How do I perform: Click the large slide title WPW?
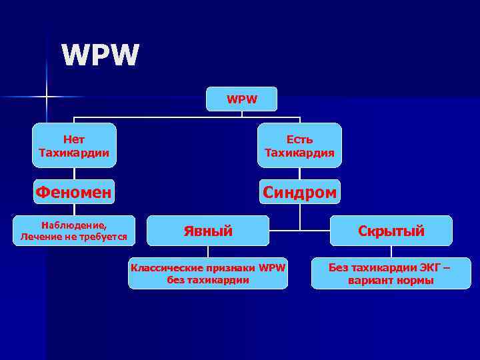(101, 55)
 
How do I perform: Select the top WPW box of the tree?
(241, 99)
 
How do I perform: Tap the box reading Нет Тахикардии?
(74, 145)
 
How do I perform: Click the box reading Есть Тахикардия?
(299, 145)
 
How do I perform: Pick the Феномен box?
(74, 192)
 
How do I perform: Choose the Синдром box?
(299, 192)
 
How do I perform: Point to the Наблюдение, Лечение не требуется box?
(74, 231)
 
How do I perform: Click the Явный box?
(208, 231)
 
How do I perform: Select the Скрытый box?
(391, 231)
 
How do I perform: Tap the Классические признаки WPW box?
(208, 273)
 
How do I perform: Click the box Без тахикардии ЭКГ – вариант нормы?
(391, 273)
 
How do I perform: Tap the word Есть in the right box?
(299, 139)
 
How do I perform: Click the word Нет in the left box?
(74, 139)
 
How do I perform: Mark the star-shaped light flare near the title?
(47, 97)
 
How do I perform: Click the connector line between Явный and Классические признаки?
(208, 252)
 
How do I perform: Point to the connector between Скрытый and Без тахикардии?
(391, 252)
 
